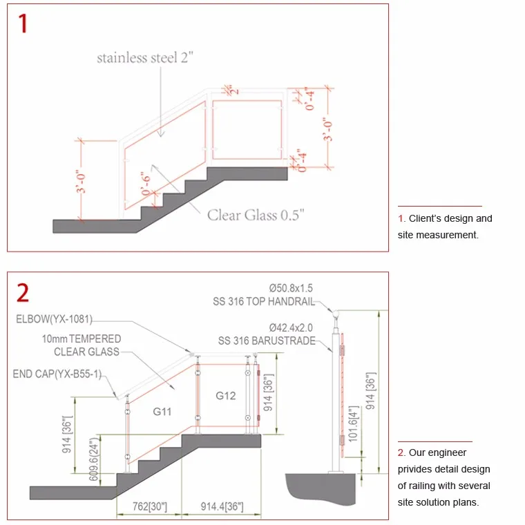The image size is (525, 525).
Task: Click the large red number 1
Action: [x=23, y=23]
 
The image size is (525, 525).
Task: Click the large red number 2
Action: [x=22, y=293]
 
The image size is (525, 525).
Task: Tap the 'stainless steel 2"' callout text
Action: [x=145, y=57]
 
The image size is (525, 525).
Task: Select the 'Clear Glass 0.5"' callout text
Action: [x=256, y=215]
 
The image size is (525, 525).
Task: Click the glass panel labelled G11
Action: [x=162, y=412]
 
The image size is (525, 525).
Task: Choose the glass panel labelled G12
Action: [x=226, y=396]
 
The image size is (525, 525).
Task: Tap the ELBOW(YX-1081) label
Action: [x=55, y=319]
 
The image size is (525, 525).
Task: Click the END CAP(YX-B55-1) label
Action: [x=57, y=374]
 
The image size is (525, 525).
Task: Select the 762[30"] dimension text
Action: [x=150, y=506]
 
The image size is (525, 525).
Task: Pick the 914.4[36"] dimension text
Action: [x=222, y=506]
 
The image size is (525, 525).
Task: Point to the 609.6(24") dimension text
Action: [x=94, y=459]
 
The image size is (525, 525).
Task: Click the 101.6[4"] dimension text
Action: [x=354, y=424]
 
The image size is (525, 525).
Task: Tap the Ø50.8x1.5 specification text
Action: [x=291, y=288]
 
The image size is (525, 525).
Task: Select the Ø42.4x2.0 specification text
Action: [x=291, y=327]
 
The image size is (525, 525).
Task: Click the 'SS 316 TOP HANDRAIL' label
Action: [x=264, y=301]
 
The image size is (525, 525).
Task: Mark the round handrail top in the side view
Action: [x=336, y=314]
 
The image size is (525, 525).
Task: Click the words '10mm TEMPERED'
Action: [x=82, y=339]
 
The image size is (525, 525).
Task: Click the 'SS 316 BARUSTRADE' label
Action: [x=267, y=341]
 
